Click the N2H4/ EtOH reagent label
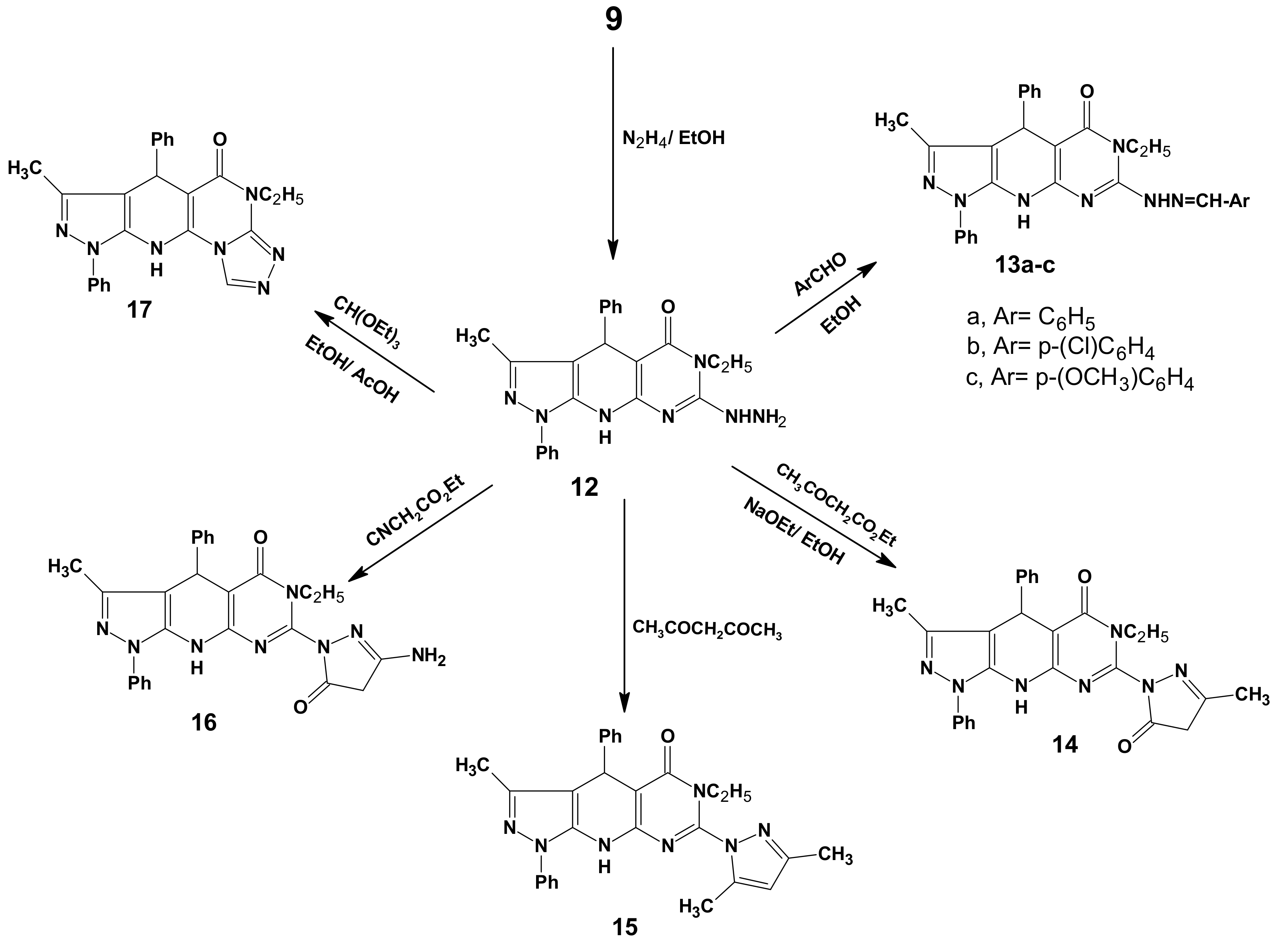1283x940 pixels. coord(674,138)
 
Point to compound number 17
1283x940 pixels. coord(140,310)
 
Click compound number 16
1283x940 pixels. coord(204,723)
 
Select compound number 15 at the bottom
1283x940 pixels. coord(625,928)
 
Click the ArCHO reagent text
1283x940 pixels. coord(820,275)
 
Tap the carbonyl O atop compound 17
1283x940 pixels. coord(219,140)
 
